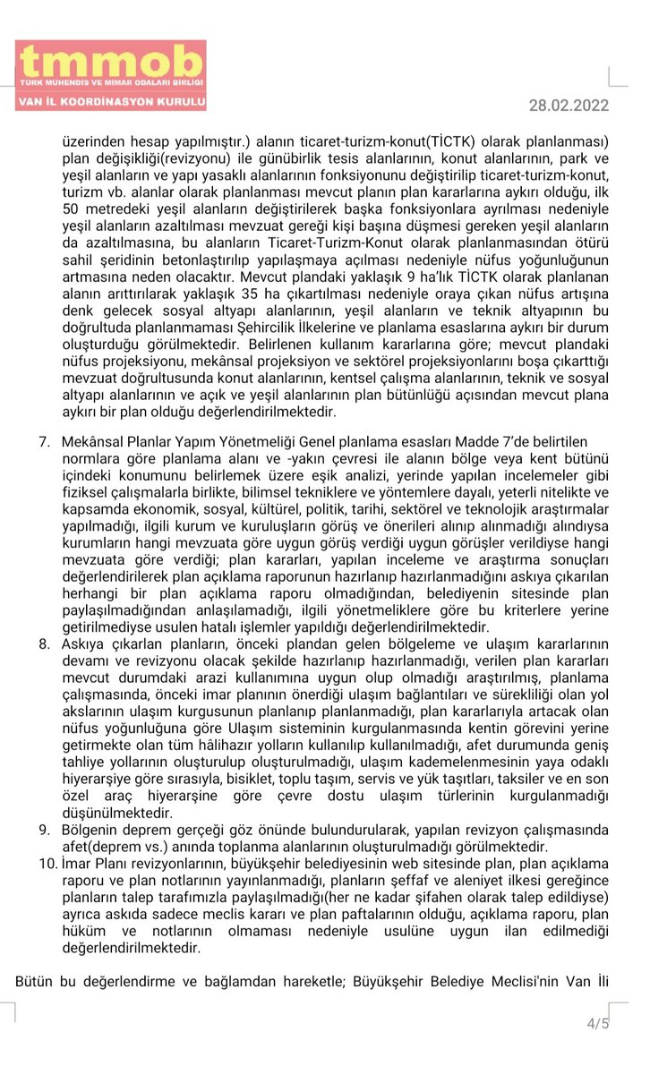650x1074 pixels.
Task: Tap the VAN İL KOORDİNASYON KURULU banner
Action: tap(111, 102)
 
